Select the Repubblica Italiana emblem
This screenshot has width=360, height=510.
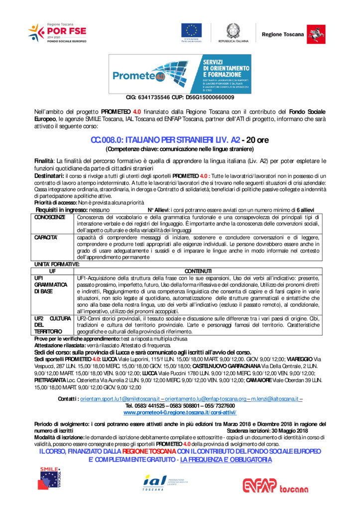(x=233, y=33)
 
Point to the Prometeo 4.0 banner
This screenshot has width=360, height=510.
(x=180, y=74)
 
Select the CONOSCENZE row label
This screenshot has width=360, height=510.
(x=50, y=218)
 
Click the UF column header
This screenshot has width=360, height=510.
(x=52, y=269)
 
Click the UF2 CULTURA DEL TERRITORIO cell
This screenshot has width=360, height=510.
(x=53, y=324)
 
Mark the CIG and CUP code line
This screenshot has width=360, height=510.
(x=180, y=97)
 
